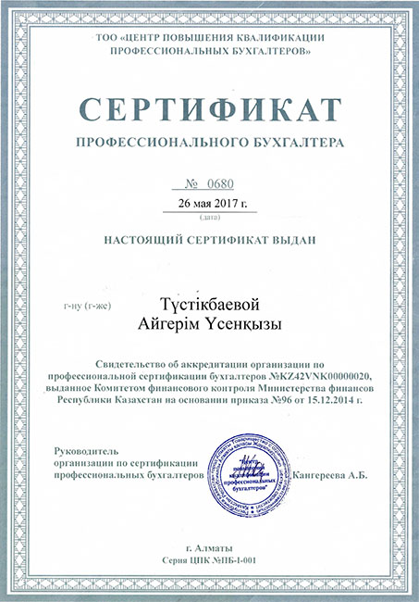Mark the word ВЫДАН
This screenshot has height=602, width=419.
294,240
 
